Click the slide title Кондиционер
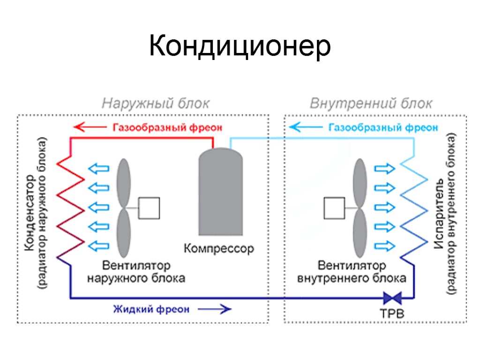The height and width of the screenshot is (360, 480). (x=240, y=46)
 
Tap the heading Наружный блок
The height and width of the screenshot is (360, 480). (x=156, y=103)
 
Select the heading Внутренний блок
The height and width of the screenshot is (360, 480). (x=371, y=103)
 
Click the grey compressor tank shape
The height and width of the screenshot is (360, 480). (x=220, y=192)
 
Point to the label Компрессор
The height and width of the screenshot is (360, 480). (x=219, y=248)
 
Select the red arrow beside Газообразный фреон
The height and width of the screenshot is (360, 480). (x=89, y=127)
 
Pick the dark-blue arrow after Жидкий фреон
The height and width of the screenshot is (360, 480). (x=214, y=309)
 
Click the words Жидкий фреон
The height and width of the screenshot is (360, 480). (x=151, y=309)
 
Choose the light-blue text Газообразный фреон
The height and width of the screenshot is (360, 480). (x=383, y=127)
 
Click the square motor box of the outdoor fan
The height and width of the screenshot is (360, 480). (x=149, y=208)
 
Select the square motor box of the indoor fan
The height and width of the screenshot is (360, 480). (x=335, y=208)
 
